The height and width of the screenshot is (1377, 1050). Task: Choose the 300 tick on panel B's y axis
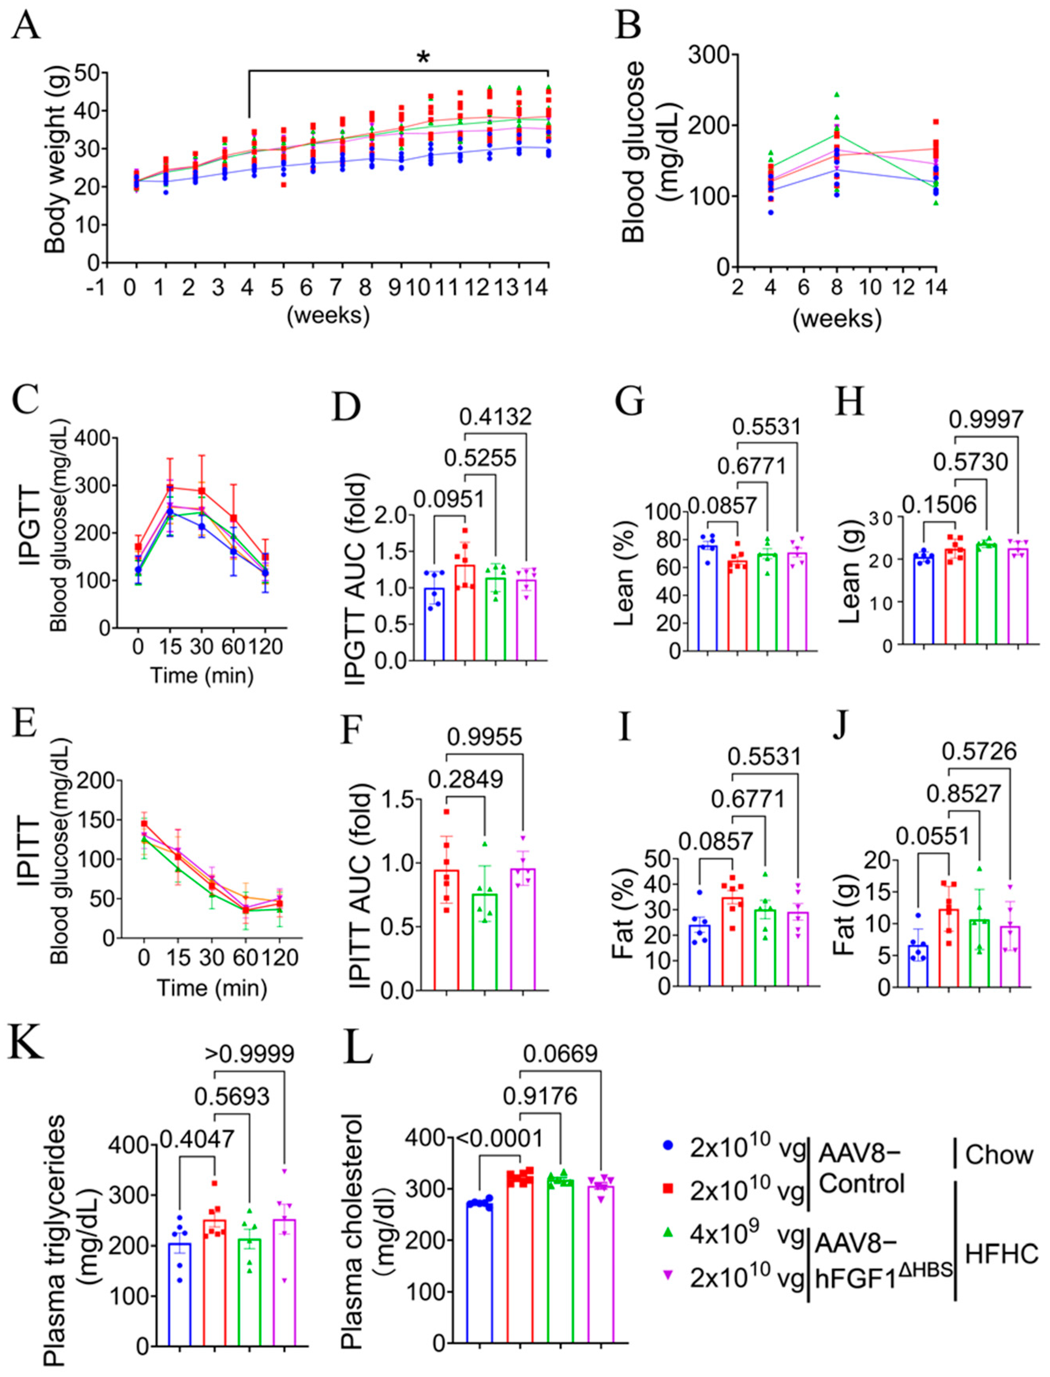pyautogui.click(x=709, y=55)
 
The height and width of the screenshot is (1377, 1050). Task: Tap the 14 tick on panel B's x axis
pyautogui.click(x=936, y=288)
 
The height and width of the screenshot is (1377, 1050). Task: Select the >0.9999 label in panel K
pyautogui.click(x=249, y=1053)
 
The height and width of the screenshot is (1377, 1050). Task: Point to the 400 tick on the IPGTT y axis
pyautogui.click(x=94, y=439)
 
